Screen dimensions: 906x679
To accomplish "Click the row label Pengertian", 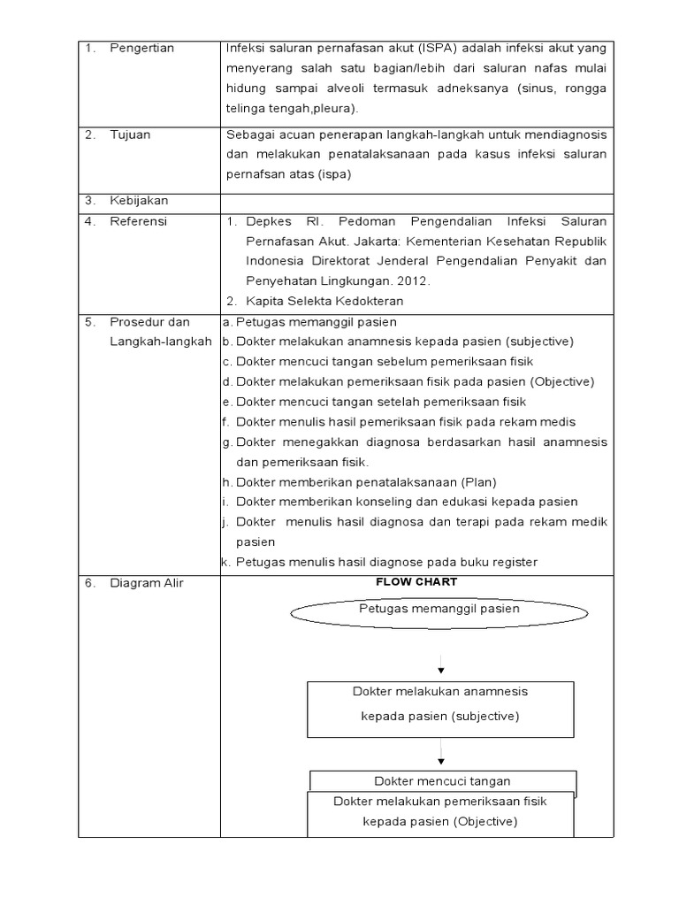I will (141, 48).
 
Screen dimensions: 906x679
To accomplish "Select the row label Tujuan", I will (130, 134).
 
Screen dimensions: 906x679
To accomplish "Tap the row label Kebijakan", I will (138, 201).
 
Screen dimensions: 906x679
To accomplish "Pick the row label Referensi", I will (138, 221).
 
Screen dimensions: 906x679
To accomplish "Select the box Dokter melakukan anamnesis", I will (439, 703).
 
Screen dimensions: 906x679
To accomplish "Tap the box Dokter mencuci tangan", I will (442, 780).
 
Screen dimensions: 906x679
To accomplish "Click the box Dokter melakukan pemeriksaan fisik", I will (440, 811).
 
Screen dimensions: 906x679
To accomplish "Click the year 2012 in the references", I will (414, 280).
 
